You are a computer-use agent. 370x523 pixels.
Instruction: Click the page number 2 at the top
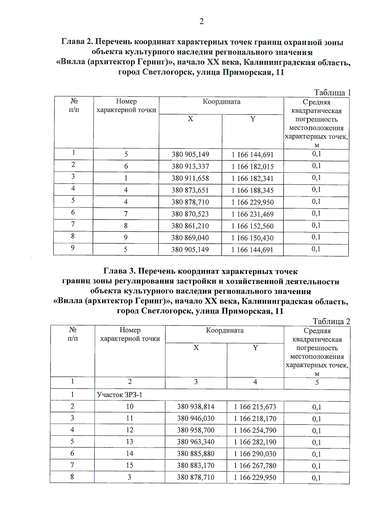pos(201,21)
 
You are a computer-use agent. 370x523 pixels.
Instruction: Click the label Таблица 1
pos(332,92)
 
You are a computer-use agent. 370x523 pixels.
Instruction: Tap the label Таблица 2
pos(331,321)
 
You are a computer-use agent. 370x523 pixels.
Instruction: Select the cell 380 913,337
pos(190,166)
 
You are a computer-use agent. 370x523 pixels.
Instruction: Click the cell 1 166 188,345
pos(252,190)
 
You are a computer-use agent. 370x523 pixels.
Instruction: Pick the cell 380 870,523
pos(190,214)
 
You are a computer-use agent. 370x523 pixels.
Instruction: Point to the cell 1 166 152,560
pos(252,226)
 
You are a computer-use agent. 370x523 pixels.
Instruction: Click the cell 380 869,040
pos(190,238)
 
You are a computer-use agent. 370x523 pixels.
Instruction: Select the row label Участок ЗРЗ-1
pos(120,395)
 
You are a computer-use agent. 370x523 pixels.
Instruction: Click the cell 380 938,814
pos(195,407)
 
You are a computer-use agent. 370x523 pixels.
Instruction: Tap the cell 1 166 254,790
pos(255,431)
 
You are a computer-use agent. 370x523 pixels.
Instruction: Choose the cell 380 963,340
pos(195,442)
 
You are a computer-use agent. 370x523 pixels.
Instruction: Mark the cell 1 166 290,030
pos(255,454)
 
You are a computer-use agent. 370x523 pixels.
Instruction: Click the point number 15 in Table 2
pos(129,465)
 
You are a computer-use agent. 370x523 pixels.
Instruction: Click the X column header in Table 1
pos(190,119)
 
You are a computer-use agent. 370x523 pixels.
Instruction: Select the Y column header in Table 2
pos(255,348)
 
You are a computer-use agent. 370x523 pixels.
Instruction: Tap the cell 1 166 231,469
pos(252,214)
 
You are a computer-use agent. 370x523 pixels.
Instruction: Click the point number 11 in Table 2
pos(129,418)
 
